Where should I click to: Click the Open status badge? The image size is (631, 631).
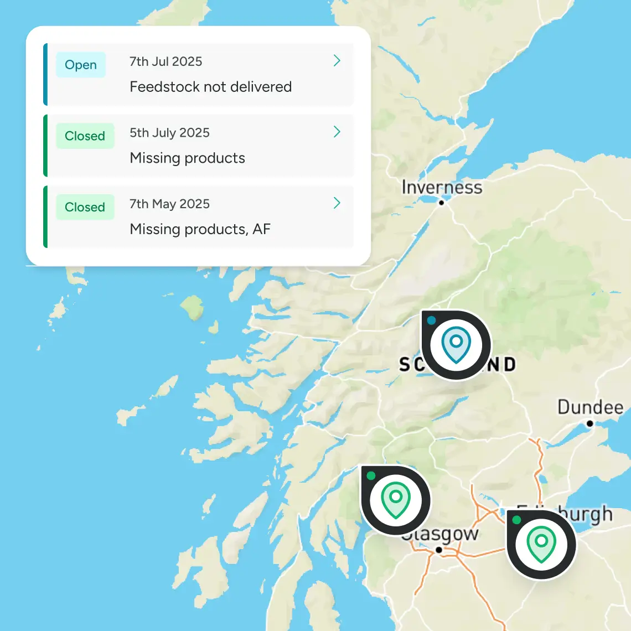[x=81, y=65]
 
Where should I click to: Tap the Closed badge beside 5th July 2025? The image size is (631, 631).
[x=85, y=136]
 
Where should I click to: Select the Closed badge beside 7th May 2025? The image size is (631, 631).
[x=85, y=207]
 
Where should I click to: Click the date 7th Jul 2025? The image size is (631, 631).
[x=165, y=61]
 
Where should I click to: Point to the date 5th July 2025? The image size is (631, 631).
[x=169, y=133]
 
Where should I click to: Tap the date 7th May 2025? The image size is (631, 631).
[x=169, y=204]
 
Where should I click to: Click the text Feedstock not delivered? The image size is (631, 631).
[x=210, y=87]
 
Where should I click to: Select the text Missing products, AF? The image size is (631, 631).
[x=200, y=229]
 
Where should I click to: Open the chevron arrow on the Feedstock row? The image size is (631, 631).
[x=337, y=61]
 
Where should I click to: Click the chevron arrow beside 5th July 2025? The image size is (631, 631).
[x=337, y=132]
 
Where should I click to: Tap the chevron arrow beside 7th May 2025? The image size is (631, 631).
[x=337, y=203]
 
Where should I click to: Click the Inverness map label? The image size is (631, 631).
[x=442, y=187]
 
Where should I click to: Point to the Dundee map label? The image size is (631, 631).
[x=590, y=407]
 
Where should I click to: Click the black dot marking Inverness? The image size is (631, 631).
[x=441, y=203]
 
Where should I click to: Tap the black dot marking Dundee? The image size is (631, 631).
[x=590, y=423]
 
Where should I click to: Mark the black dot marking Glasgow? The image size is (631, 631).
[x=438, y=550]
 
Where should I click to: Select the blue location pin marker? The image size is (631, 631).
[x=456, y=345]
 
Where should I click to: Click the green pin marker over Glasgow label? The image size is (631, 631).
[x=395, y=500]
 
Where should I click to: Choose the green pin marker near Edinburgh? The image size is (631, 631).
[x=541, y=545]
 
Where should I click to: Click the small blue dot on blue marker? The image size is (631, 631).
[x=431, y=320]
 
